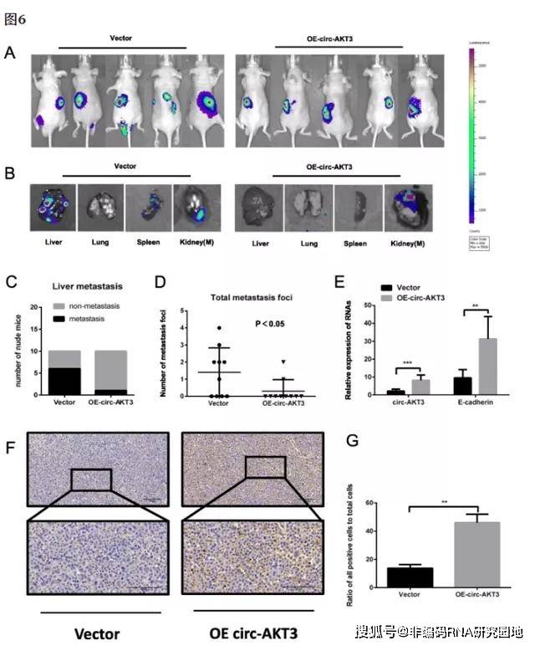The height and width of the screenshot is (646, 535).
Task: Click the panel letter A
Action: pyautogui.click(x=10, y=53)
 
